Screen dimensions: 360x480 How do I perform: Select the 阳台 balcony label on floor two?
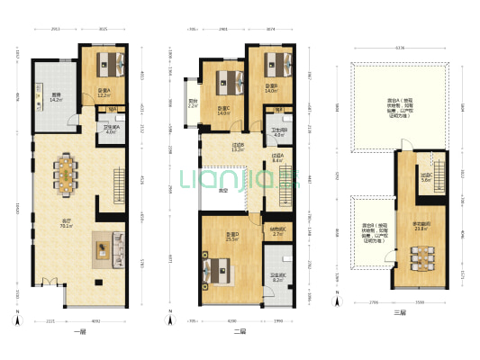click(x=192, y=103)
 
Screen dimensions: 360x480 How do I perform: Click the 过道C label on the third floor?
click(x=427, y=176)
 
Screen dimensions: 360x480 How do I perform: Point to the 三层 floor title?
click(x=399, y=312)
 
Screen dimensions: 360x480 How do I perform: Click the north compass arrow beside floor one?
click(x=16, y=318)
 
